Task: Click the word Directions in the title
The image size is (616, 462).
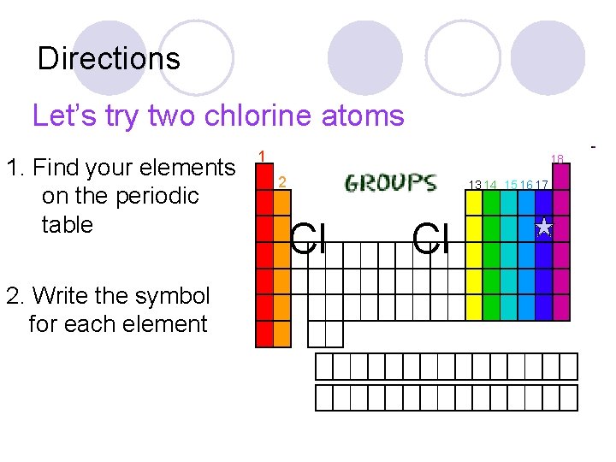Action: (x=109, y=59)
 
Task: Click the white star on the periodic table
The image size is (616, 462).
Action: (x=543, y=227)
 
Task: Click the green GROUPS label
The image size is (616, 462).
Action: (x=390, y=183)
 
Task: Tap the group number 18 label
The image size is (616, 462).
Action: (x=557, y=159)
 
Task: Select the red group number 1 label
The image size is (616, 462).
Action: (x=262, y=155)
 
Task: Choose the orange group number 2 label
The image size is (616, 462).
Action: (x=282, y=181)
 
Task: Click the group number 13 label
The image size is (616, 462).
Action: (x=474, y=185)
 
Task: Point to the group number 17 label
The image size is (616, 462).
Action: (x=542, y=185)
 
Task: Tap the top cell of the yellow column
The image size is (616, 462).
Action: (x=474, y=202)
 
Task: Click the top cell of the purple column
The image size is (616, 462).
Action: (x=561, y=178)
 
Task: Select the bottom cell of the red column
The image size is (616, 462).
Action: (x=264, y=335)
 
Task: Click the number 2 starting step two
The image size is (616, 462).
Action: (x=11, y=296)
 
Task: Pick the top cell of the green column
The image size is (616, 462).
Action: (x=491, y=202)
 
